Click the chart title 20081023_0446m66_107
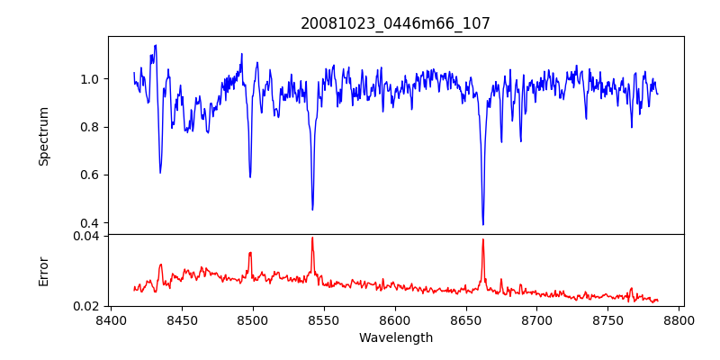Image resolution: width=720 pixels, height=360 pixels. tap(395, 23)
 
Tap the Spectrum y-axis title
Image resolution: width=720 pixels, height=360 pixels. tap(44, 136)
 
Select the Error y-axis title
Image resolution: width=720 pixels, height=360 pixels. tap(44, 270)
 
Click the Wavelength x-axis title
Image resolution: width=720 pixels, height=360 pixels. tap(395, 338)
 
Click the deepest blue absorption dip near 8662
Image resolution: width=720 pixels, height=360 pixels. tap(483, 224)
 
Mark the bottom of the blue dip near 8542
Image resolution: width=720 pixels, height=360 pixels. tap(312, 210)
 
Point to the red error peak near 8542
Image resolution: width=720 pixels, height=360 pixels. tap(312, 238)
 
